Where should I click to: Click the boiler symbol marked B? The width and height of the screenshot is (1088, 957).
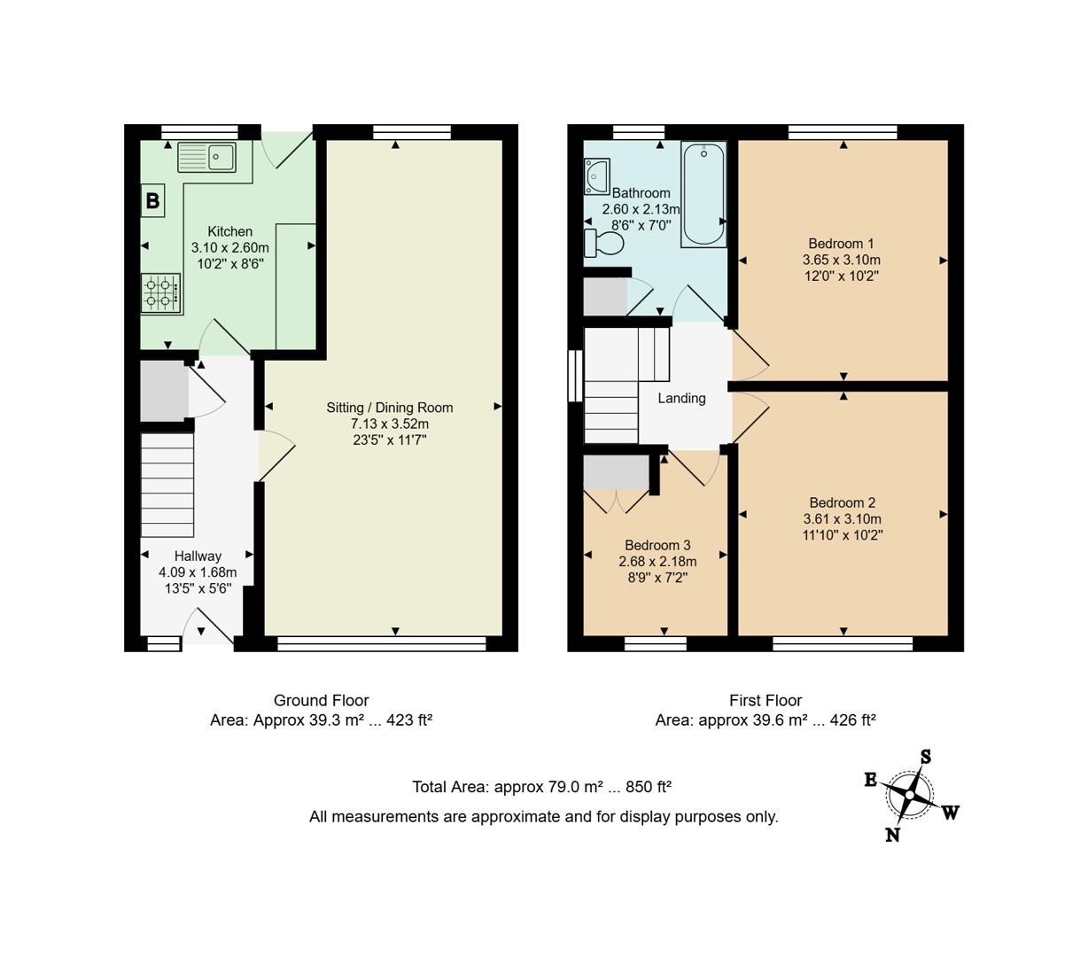(152, 201)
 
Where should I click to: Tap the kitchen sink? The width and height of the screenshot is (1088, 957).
(206, 158)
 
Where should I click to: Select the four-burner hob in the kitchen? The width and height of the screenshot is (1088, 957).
(161, 293)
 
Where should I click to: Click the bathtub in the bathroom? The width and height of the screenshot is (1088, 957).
(703, 195)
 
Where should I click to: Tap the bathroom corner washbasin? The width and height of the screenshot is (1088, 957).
(595, 176)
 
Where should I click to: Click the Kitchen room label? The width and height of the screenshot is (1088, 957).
(229, 231)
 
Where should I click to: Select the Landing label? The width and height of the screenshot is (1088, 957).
(681, 399)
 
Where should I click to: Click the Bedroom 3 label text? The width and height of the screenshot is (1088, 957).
(657, 546)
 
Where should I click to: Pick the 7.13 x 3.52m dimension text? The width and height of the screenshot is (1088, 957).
(390, 424)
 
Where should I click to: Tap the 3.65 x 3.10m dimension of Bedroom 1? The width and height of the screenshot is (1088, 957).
(841, 261)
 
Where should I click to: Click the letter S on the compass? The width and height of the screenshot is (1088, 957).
(925, 757)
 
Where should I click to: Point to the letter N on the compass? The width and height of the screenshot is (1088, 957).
(892, 835)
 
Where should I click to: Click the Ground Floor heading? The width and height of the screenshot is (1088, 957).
(321, 700)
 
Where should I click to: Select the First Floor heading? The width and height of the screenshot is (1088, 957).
(765, 700)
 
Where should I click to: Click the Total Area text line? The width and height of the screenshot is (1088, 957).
(541, 787)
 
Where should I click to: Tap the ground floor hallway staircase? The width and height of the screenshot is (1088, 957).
(167, 485)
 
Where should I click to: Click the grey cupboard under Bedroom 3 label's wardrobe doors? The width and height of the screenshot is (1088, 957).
(616, 473)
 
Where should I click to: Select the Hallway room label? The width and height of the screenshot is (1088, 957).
(198, 556)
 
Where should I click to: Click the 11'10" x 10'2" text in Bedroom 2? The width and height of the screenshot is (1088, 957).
(842, 535)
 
